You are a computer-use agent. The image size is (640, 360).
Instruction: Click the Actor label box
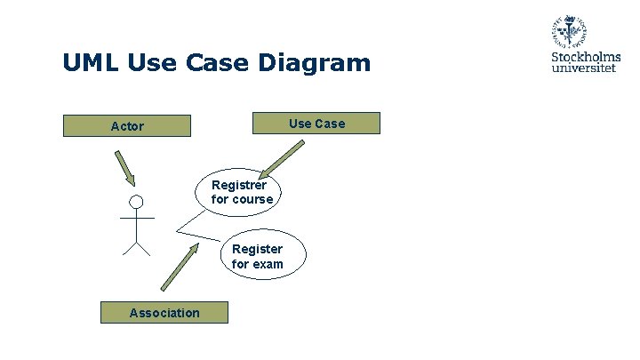127,125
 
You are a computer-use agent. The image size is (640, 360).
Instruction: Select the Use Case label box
316,123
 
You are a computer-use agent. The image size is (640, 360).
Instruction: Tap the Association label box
164,312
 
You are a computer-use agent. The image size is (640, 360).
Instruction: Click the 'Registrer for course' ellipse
242,192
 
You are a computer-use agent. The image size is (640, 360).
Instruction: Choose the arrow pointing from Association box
181,267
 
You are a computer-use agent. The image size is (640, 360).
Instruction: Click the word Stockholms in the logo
586,57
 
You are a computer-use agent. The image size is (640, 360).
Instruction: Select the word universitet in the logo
586,68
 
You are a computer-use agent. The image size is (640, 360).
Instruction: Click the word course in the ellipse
252,199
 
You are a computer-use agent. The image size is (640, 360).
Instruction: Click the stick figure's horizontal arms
136,218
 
